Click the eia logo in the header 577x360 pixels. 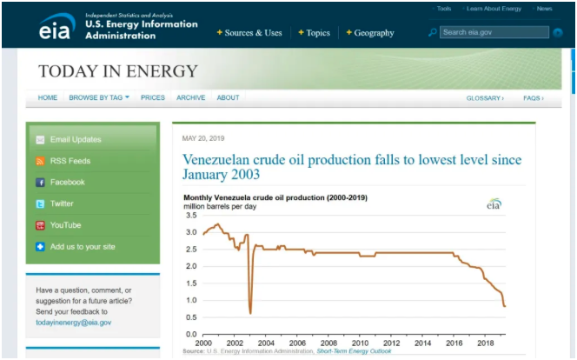coord(56,28)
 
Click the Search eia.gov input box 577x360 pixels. coord(494,32)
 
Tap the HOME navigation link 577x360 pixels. coord(48,98)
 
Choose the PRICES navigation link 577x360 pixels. coord(152,98)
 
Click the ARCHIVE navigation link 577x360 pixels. coord(190,98)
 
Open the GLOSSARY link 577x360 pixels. coord(484,98)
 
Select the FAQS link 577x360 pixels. coord(533,98)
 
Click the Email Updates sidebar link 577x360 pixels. coord(76,139)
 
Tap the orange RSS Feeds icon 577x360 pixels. coord(40,161)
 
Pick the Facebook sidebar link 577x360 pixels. coord(67,183)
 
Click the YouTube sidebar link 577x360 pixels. coord(66,225)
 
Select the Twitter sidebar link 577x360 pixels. coord(62,203)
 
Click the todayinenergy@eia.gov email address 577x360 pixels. coord(73,322)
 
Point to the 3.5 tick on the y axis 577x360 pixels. coord(191,215)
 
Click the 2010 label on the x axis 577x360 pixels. coord(359,343)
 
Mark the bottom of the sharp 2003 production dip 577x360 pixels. coord(250,313)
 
